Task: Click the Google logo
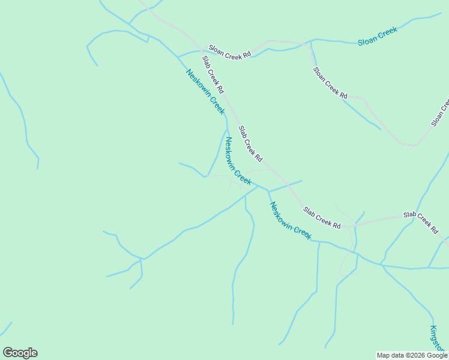[20, 353]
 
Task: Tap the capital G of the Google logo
[8, 353]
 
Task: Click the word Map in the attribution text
[384, 355]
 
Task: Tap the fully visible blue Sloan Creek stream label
[378, 36]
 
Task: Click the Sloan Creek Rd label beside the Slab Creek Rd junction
[229, 51]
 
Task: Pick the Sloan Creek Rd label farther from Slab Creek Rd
[330, 82]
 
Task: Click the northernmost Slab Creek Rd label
[212, 74]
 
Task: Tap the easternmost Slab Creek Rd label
[420, 221]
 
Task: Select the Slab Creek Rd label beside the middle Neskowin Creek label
[250, 144]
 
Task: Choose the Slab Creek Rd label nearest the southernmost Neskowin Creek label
[322, 218]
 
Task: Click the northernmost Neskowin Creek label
[205, 92]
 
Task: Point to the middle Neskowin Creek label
[238, 161]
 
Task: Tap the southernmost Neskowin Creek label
[291, 221]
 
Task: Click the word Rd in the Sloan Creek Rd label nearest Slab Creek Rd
[246, 55]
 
